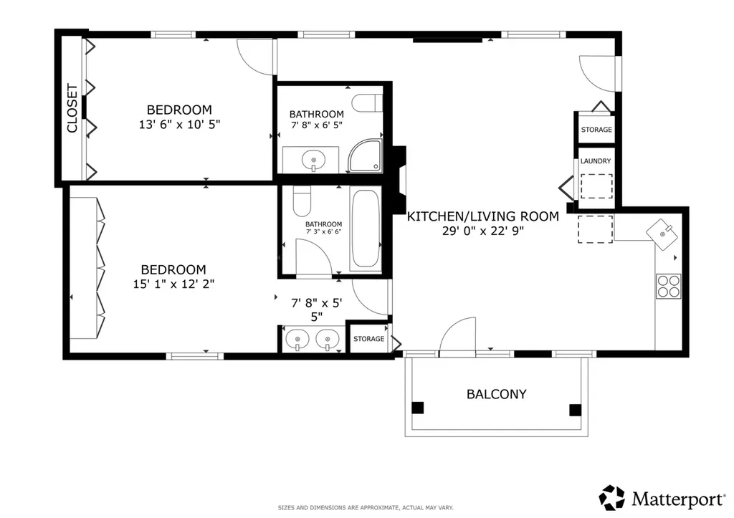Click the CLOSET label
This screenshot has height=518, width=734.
point(72,108)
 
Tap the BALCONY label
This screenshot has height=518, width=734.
point(496,394)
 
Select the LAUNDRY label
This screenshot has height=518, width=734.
point(596,161)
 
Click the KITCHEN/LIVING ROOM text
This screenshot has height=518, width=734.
point(482,216)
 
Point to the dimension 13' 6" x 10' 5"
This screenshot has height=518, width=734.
point(179,125)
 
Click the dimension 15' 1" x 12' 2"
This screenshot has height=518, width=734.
point(173,284)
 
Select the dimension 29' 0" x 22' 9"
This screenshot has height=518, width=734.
point(482,231)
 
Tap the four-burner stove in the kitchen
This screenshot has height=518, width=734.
point(668,286)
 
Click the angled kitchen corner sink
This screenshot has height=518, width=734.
point(662,233)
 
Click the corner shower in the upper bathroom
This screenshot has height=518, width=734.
point(365,155)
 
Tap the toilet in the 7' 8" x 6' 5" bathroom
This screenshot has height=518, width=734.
point(367,103)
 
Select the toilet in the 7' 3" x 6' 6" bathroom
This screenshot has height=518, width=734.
point(302,201)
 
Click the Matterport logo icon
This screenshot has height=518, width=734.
point(612,497)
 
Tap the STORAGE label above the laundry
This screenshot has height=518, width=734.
point(596,130)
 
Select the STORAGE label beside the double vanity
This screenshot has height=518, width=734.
point(368,339)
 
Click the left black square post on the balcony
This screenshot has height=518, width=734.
point(418,408)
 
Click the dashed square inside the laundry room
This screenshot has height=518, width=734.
point(596,186)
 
